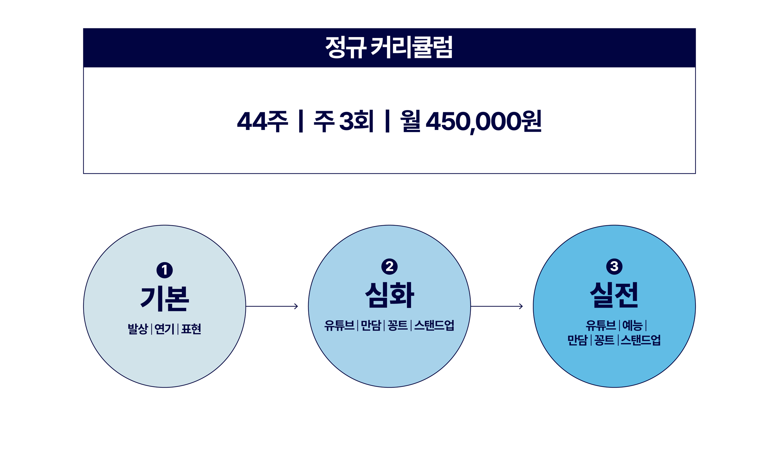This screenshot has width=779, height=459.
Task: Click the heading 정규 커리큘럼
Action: point(389,47)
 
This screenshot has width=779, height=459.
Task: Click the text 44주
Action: point(262,121)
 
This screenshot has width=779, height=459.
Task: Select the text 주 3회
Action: point(343,121)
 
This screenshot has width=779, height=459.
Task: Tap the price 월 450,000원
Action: point(471,121)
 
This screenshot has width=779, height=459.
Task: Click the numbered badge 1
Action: point(165,270)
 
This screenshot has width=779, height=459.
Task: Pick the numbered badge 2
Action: point(389,266)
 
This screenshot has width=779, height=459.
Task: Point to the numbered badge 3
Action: point(614,266)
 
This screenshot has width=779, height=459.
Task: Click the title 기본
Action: point(165,299)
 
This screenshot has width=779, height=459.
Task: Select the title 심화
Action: point(389,295)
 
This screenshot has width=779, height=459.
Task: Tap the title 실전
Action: point(614,295)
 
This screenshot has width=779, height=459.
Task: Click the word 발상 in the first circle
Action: point(138,329)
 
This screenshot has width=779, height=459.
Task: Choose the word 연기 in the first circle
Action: point(164,329)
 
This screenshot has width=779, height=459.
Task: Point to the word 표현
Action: point(191,329)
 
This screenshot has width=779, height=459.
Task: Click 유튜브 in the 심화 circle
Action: point(339,326)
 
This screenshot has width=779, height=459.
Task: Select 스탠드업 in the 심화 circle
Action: point(434,326)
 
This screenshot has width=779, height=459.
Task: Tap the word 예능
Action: point(632,326)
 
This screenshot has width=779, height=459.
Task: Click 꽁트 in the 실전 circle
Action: point(604,340)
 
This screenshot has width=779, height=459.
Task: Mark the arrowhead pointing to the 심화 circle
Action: point(296,306)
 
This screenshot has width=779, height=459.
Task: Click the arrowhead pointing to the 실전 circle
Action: point(521,306)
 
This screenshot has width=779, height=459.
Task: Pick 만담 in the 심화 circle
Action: point(371,326)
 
